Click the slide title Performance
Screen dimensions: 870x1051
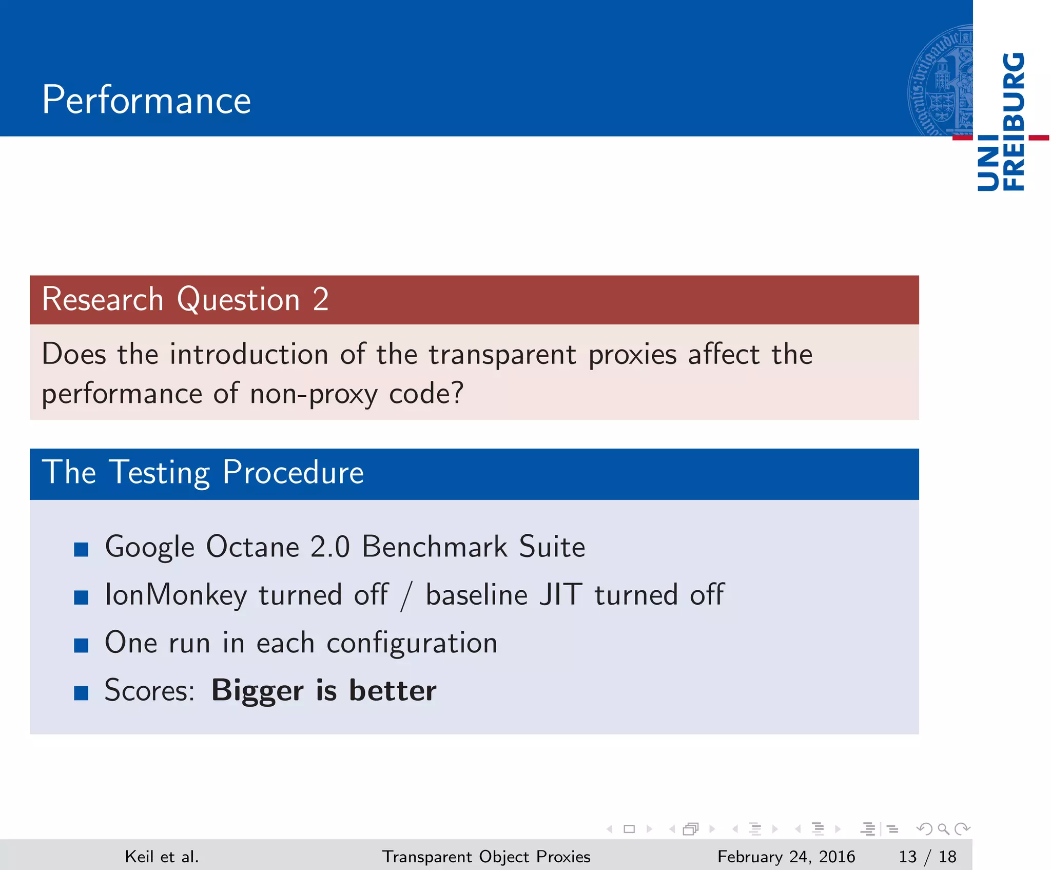click(146, 100)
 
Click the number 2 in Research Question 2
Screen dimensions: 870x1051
click(321, 299)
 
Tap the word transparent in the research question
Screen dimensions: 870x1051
click(502, 355)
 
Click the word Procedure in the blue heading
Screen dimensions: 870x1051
click(293, 472)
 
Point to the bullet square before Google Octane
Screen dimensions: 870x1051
click(81, 550)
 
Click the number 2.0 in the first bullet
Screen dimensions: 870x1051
click(330, 547)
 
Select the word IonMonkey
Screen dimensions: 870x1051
click(176, 595)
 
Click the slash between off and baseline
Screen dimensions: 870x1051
click(406, 596)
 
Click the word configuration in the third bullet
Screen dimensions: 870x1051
click(412, 644)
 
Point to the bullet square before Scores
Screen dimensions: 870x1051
click(81, 693)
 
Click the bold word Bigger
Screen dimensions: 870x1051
click(257, 691)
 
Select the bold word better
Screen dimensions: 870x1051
click(393, 691)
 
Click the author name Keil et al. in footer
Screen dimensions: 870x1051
click(162, 856)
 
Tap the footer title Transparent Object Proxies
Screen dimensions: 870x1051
click(486, 856)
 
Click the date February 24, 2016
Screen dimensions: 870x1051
click(786, 856)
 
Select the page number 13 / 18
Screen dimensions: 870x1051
click(927, 856)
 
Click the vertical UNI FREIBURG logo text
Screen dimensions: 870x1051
click(1001, 122)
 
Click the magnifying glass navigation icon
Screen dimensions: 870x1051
click(943, 829)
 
